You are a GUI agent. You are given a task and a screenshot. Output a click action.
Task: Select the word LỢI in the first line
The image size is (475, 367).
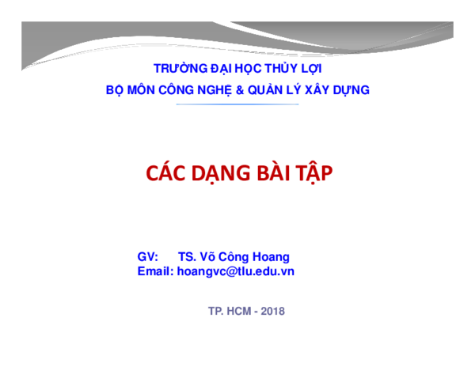click(310, 69)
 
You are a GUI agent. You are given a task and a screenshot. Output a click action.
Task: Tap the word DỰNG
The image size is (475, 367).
click(352, 90)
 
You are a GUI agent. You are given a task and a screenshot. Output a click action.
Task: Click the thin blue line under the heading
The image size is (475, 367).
click(237, 104)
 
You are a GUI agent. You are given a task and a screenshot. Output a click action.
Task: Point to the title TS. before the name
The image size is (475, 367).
click(187, 257)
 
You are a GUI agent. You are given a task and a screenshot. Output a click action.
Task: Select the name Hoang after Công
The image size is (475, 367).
click(271, 257)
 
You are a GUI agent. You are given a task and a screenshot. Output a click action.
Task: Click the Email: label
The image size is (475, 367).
click(155, 271)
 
